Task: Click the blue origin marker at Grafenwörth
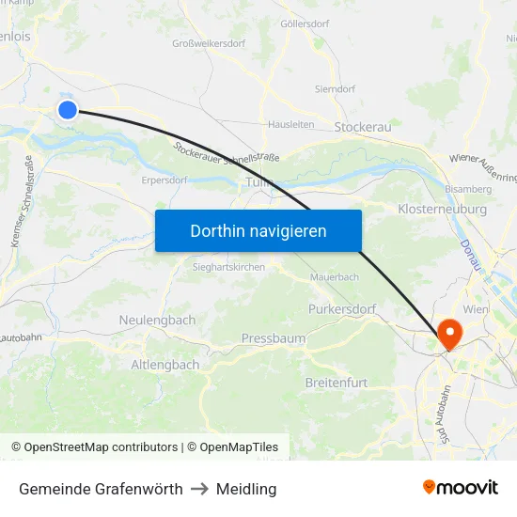click(x=68, y=110)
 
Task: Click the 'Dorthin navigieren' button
click(x=258, y=230)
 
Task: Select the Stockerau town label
click(x=363, y=127)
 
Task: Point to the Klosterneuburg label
click(x=442, y=209)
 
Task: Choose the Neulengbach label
click(x=157, y=321)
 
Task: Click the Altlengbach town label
click(x=164, y=364)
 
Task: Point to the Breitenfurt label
click(x=337, y=383)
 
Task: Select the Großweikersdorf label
click(x=210, y=43)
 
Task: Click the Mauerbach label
click(x=335, y=277)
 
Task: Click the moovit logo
click(x=461, y=488)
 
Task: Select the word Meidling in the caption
click(x=246, y=489)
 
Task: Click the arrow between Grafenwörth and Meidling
click(x=200, y=489)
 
